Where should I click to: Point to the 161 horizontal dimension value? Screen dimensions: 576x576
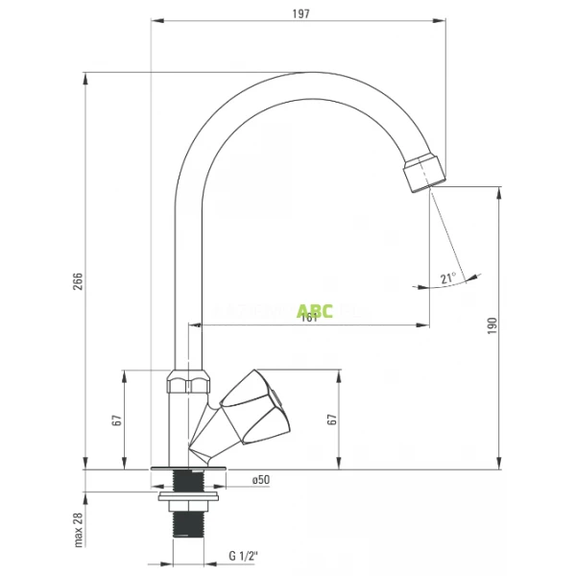pos(309,318)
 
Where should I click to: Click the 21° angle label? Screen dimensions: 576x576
pos(446,278)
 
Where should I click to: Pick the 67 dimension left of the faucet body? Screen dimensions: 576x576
pos(116,420)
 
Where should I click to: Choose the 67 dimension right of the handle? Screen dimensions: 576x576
pos(332,420)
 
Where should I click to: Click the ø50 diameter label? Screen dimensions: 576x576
pos(259,479)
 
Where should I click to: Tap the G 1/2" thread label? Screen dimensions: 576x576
pos(245,557)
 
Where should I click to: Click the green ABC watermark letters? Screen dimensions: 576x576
pos(314,310)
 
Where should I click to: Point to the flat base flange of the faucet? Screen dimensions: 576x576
pos(188,468)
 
